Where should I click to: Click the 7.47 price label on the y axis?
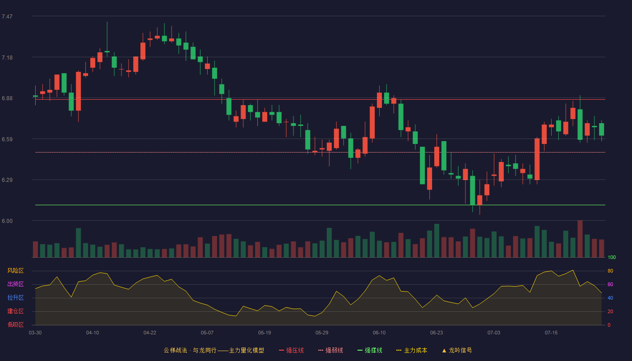(7, 17)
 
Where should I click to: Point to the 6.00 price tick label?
(7, 221)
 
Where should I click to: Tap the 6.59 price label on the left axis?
(7, 139)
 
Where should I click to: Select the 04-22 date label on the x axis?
(149, 333)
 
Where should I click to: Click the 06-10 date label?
(379, 333)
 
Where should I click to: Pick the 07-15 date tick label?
(551, 333)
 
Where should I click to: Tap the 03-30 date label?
(35, 333)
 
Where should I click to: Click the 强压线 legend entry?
(291, 350)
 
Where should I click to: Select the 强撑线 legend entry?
(370, 350)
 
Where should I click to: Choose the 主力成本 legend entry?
(412, 350)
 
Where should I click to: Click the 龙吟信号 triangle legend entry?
(457, 350)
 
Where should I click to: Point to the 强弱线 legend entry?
(330, 350)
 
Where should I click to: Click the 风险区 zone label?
(15, 271)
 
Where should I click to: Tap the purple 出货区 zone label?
(15, 284)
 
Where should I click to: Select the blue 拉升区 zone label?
(15, 297)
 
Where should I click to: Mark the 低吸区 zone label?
(15, 324)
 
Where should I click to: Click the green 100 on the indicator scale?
(612, 257)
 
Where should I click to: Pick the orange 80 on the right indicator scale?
(610, 271)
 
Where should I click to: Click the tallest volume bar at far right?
(580, 239)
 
